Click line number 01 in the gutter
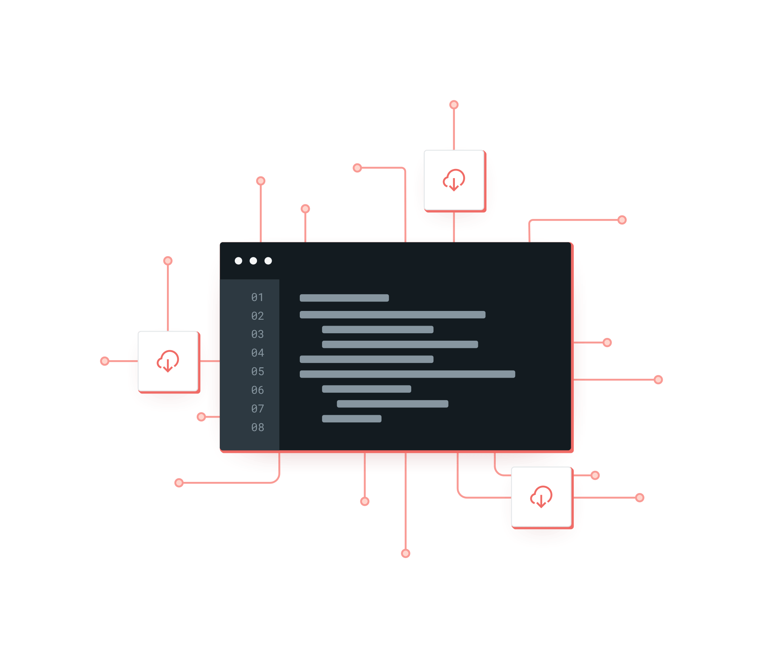pos(257,297)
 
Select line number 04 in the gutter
pos(257,353)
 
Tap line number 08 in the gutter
pos(257,428)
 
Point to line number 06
pos(257,390)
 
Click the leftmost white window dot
pos(238,261)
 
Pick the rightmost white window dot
pos(268,261)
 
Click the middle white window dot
pos(253,261)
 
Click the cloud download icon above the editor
pos(454,180)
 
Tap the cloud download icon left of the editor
pos(168,361)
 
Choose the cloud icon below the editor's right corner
pos(541,497)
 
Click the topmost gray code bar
pos(344,298)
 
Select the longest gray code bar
pos(407,374)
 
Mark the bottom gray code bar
pos(351,419)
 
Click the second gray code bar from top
pos(392,315)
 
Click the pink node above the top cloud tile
pos(454,105)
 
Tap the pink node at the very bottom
pos(405,553)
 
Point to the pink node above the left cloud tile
pos(168,261)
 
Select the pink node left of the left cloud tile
pos(105,361)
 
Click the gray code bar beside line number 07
pos(392,404)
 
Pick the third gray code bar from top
pos(378,330)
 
